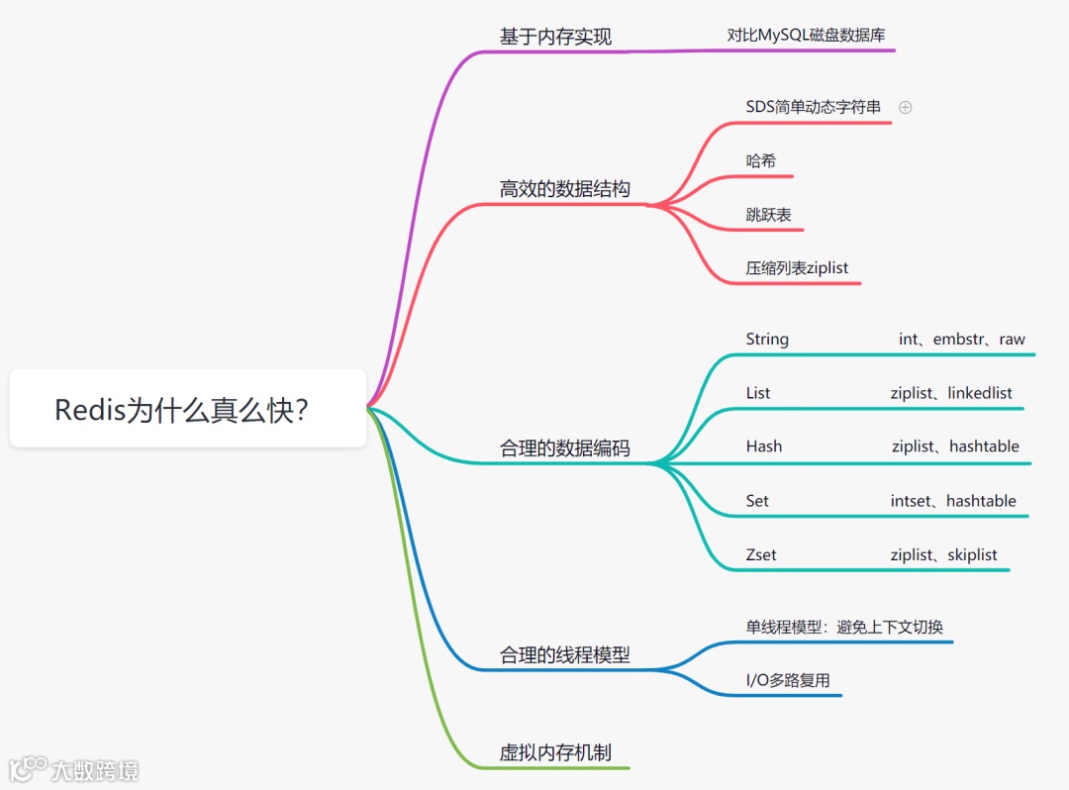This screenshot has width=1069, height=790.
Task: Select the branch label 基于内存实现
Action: click(555, 37)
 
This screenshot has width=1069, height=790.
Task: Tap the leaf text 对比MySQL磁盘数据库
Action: click(806, 35)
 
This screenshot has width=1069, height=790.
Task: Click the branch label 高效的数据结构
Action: click(564, 188)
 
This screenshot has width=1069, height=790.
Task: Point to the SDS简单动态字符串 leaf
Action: click(813, 107)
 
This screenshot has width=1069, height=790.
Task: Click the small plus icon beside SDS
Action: click(905, 107)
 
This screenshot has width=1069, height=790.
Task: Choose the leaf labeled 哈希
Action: click(760, 160)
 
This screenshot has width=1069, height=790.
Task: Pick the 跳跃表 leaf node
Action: click(768, 214)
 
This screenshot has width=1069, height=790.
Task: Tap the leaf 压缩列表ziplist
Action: click(797, 267)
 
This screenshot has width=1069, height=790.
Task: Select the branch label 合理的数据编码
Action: click(564, 448)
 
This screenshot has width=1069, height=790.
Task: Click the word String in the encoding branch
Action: click(767, 340)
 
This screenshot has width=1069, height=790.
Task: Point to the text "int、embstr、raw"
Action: click(961, 340)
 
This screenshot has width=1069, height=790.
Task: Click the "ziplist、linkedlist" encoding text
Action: click(950, 393)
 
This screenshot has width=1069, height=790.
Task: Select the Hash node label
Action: click(763, 446)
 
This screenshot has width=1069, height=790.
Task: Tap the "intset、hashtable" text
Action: click(952, 501)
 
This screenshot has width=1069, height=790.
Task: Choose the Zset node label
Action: click(760, 554)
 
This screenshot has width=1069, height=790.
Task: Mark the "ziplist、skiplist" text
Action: click(943, 554)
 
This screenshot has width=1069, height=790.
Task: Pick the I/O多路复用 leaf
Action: click(787, 680)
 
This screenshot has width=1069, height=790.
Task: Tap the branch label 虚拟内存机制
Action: click(562, 752)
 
